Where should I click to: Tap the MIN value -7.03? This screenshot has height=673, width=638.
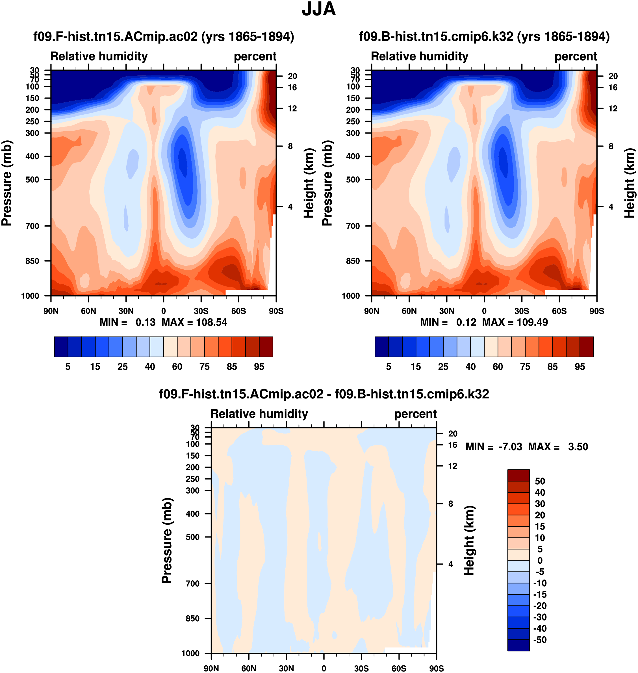[x=510, y=447]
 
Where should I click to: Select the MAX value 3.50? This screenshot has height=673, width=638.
[x=578, y=447]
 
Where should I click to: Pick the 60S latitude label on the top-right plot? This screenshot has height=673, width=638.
[x=559, y=311]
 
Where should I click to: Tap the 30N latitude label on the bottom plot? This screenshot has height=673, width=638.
[x=286, y=668]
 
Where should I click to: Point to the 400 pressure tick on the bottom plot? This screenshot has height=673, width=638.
[x=192, y=514]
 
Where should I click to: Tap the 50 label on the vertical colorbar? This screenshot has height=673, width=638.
[x=540, y=481]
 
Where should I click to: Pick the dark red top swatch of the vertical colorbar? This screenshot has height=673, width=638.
[x=518, y=475]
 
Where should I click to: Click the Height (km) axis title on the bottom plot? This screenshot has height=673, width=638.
[x=469, y=541]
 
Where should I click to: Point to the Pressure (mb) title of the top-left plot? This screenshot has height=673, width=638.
[x=7, y=183]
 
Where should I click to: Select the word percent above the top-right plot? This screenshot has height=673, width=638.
[x=576, y=56]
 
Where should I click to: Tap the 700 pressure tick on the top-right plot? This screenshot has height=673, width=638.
[x=353, y=226]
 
